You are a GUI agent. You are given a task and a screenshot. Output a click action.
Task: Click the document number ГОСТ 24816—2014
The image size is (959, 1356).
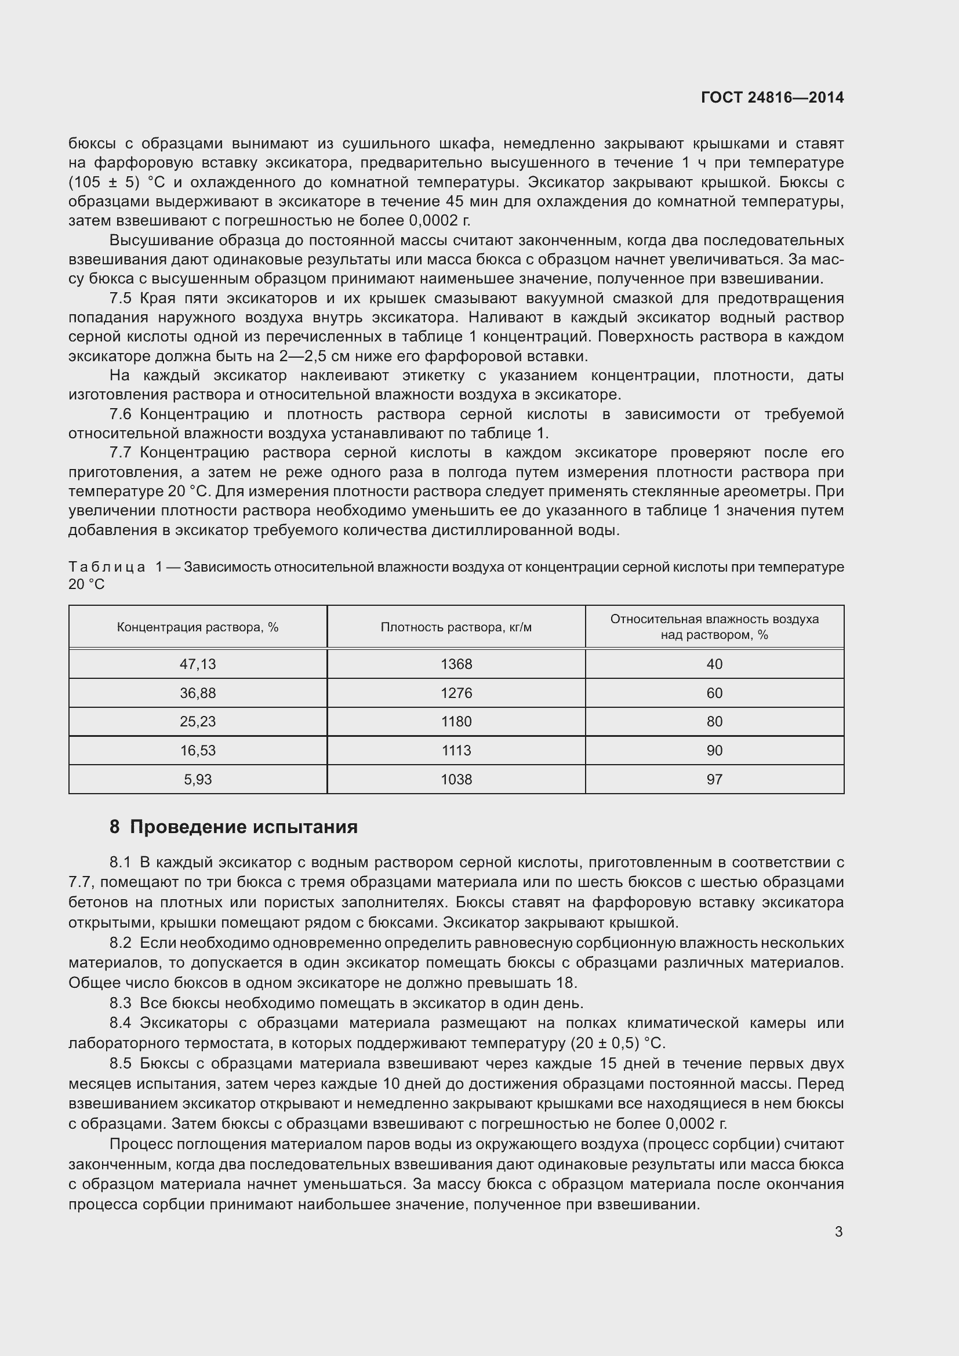[772, 97]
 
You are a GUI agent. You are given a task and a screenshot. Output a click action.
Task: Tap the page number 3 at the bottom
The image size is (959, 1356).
[838, 1231]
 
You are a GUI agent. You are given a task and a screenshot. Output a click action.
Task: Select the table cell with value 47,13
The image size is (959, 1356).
[198, 664]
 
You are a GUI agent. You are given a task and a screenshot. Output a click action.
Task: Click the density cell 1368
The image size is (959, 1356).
[456, 664]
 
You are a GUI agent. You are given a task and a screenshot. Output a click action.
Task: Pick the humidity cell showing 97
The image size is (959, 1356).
[714, 779]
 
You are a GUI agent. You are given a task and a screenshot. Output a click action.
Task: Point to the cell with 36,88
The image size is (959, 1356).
[198, 693]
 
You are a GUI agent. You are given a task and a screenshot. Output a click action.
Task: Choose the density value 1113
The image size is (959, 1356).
[456, 750]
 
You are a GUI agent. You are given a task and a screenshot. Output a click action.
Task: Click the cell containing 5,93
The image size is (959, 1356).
[198, 779]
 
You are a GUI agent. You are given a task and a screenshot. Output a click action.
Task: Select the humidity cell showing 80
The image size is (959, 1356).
[714, 721]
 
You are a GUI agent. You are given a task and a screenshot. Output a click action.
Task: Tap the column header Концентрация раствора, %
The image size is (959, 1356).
[198, 627]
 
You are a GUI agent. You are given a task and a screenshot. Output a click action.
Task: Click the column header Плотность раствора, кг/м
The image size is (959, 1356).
[456, 627]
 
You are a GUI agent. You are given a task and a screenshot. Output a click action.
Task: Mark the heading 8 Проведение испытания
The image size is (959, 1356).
[233, 826]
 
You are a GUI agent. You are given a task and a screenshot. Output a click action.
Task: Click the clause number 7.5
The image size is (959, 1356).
[121, 298]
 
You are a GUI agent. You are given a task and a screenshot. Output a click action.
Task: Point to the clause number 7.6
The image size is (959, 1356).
[121, 414]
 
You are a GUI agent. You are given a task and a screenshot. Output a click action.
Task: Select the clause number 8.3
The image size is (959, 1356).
[121, 1003]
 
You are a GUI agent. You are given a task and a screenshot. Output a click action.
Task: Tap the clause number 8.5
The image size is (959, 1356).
[121, 1063]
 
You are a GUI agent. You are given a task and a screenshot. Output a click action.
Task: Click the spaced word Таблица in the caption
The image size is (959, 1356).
[107, 567]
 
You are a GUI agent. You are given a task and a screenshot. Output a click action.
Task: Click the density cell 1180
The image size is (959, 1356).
[456, 721]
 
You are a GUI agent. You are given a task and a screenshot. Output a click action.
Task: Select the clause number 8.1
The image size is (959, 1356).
[121, 862]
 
